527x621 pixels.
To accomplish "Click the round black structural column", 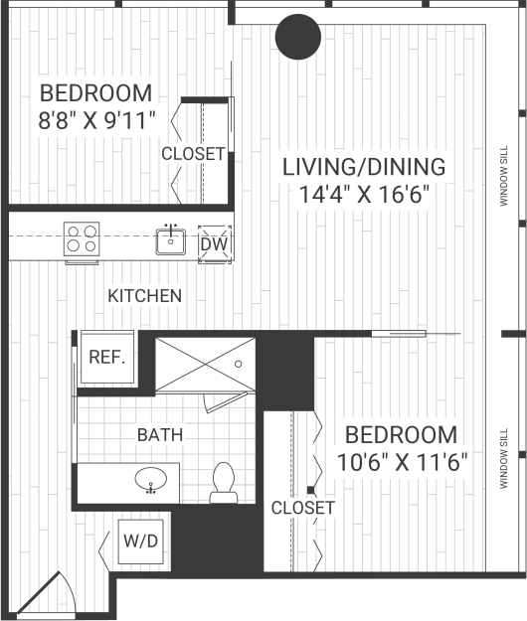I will (x=298, y=39).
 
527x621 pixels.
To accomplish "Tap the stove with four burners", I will (x=82, y=239).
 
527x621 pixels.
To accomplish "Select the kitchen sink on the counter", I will (x=172, y=239).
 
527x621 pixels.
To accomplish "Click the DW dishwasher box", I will (x=214, y=243).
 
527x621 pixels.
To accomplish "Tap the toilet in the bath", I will (x=222, y=480).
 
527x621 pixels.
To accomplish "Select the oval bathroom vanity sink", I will (x=151, y=482).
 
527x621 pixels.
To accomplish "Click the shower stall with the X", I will (x=205, y=364).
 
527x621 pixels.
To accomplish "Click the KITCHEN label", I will (x=145, y=296).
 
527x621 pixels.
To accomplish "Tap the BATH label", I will (x=160, y=434).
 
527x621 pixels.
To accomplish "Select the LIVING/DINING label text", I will (x=363, y=167).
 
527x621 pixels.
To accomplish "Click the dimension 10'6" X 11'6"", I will (x=401, y=462).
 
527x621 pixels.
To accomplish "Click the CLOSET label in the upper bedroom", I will (x=193, y=154).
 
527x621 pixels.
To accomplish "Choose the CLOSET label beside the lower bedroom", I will (x=302, y=508).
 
